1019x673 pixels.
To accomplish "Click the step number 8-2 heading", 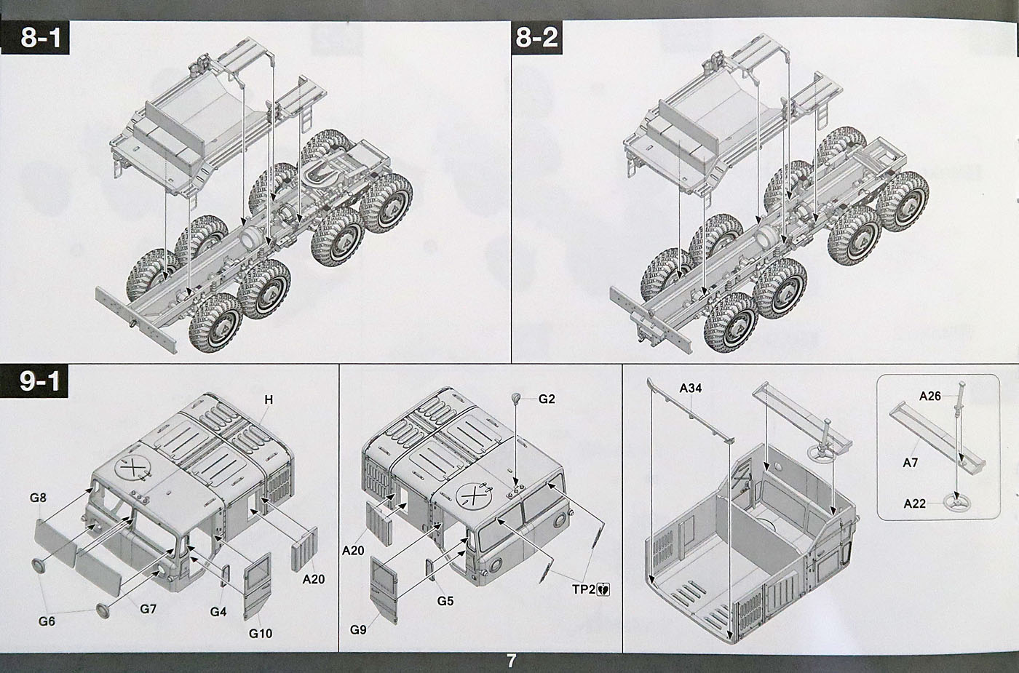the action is tap(536, 37).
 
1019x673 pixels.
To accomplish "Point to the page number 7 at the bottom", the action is tap(511, 661).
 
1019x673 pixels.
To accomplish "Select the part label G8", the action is tap(38, 498).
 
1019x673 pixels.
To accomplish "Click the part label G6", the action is tap(47, 621).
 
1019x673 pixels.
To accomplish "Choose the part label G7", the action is tap(148, 608).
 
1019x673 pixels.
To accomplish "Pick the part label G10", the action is tap(260, 633).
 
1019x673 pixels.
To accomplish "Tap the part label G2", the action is tap(547, 399).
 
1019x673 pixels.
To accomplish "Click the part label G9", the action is tap(357, 629).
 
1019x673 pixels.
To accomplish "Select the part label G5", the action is tap(445, 601).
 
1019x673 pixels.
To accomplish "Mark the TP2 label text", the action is tap(582, 589).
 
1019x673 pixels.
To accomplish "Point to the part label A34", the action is tap(690, 388).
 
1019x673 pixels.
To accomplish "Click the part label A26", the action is tap(929, 397).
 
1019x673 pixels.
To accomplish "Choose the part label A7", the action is tap(910, 463).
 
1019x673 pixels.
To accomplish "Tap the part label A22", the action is tap(915, 503).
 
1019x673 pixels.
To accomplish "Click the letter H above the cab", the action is tap(269, 399).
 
